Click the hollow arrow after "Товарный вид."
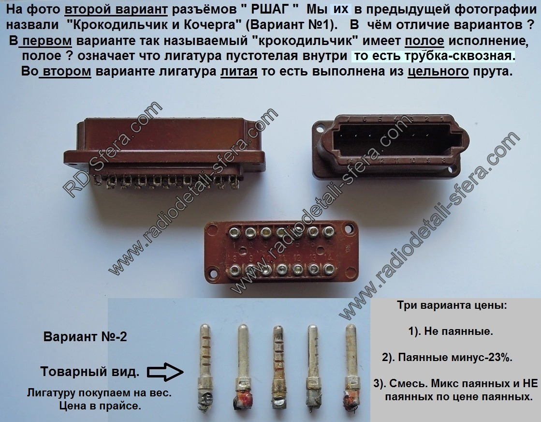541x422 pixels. pyautogui.click(x=165, y=372)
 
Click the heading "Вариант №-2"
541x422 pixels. pyautogui.click(x=85, y=337)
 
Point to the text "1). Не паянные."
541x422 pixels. pyautogui.click(x=451, y=331)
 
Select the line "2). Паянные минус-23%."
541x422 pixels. pyautogui.click(x=447, y=358)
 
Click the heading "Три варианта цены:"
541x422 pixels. pyautogui.click(x=452, y=305)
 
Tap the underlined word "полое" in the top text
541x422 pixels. pyautogui.click(x=424, y=41)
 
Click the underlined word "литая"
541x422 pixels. pyautogui.click(x=239, y=72)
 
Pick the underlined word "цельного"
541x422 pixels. pyautogui.click(x=438, y=72)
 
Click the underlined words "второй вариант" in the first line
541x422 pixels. pyautogui.click(x=116, y=10)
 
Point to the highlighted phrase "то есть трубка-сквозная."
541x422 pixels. pyautogui.click(x=434, y=56)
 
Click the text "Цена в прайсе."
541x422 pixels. pyautogui.click(x=100, y=406)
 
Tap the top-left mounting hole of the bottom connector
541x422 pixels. pyautogui.click(x=211, y=228)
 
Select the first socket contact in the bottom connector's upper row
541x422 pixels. pyautogui.click(x=235, y=232)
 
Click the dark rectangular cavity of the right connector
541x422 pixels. pyautogui.click(x=397, y=139)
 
